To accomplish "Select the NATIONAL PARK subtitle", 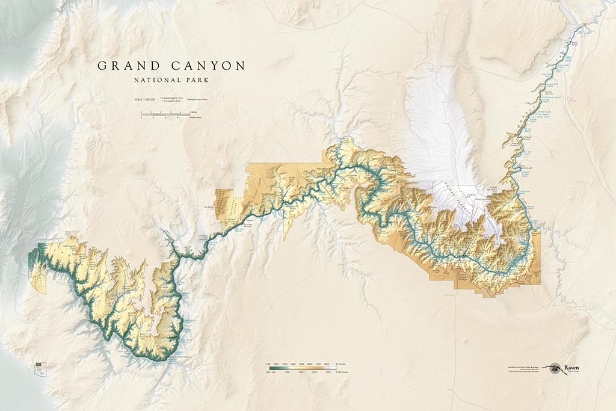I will pyautogui.click(x=171, y=79).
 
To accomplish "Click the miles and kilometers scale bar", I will pyautogui.click(x=166, y=114).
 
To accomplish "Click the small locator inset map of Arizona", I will pyautogui.click(x=40, y=368).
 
